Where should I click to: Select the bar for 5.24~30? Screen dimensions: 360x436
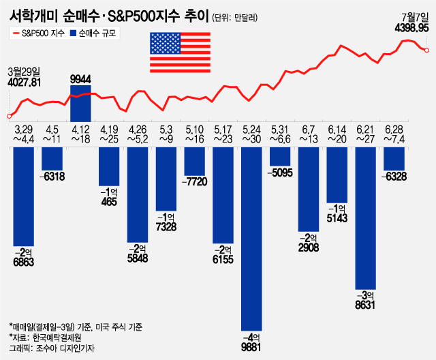[x=251, y=239]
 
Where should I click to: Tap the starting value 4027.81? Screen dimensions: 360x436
[x=25, y=82]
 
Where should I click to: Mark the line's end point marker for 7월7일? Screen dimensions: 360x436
[x=426, y=50]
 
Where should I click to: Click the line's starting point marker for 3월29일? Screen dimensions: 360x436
[x=9, y=116]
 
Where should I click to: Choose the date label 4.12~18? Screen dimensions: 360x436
[x=81, y=133]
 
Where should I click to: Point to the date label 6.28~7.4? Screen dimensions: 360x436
[x=394, y=133]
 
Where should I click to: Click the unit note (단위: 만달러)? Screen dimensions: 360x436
[x=235, y=18]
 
